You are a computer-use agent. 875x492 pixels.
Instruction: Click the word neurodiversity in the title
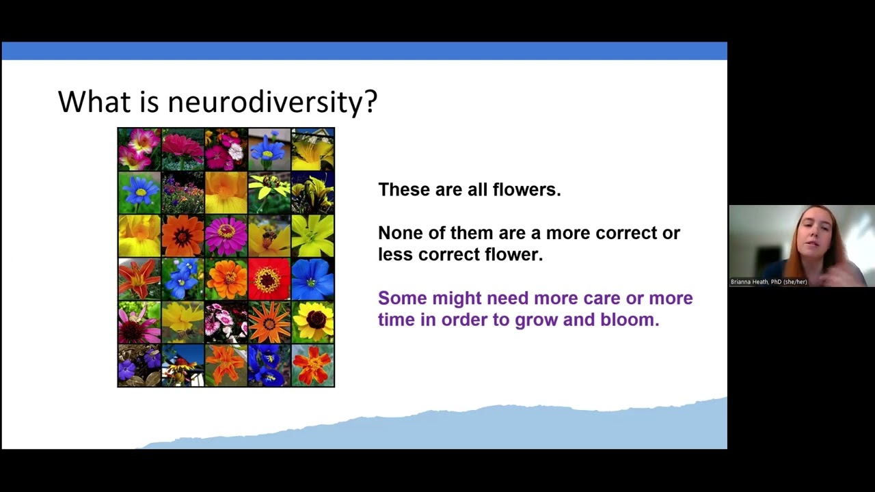point(272,102)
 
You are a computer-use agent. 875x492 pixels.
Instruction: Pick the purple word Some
point(401,299)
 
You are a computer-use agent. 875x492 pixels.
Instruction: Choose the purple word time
point(396,320)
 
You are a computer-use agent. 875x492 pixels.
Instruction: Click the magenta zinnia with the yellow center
point(226,236)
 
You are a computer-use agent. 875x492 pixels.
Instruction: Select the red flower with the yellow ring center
point(269,279)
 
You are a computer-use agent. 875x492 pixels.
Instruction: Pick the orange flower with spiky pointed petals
point(269,322)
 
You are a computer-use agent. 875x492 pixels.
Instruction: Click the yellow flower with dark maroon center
point(313,321)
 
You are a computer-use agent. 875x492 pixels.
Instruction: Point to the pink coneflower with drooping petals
point(139,323)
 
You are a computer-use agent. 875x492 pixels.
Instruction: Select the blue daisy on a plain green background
point(139,193)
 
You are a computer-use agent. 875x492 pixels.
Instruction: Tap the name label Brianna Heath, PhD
point(768,282)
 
